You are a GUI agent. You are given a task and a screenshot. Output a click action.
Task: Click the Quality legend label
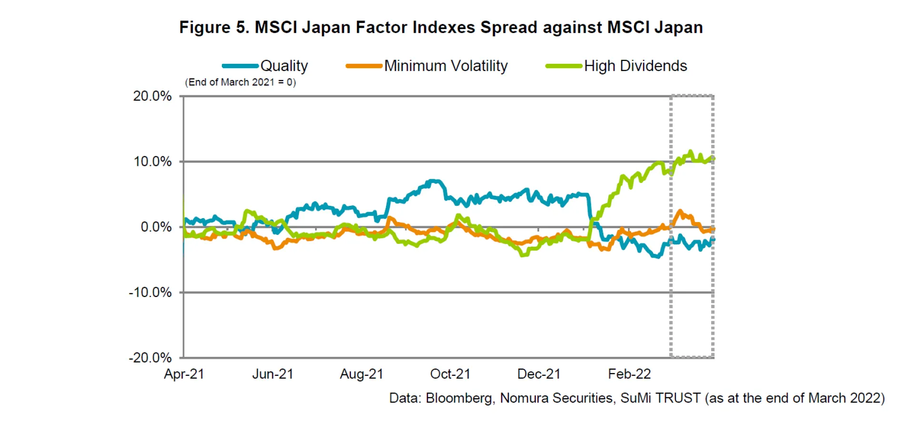point(284,66)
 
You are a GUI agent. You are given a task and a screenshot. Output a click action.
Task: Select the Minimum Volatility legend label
point(446,66)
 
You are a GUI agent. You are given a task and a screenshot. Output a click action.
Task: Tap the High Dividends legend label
point(635,66)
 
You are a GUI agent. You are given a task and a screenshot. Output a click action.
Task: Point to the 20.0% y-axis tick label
point(152,96)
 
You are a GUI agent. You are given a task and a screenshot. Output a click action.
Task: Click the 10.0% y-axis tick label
point(152,161)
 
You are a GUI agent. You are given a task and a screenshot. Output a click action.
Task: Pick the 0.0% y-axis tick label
point(156,227)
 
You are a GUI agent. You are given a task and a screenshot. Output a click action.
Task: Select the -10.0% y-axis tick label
point(150,292)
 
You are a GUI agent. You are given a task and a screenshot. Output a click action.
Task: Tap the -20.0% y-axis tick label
point(150,357)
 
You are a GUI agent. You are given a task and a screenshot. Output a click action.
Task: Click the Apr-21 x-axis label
point(184,374)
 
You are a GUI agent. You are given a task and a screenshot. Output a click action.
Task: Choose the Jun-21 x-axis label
point(273,374)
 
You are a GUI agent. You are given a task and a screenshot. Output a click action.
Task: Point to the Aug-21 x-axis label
point(361,374)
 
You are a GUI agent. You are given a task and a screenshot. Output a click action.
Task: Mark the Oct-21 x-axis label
point(450,374)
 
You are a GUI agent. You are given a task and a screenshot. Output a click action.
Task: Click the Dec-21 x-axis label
point(539,374)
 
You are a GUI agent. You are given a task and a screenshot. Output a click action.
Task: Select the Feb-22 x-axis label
point(629,374)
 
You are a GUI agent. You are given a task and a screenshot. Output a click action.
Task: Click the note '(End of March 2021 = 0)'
point(240,82)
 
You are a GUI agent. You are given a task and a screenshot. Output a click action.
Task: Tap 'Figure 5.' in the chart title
point(214,27)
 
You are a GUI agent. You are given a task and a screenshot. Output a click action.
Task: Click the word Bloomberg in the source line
point(459,398)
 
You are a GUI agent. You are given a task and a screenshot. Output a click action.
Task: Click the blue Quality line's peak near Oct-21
point(433,181)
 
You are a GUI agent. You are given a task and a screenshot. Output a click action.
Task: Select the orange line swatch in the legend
point(364,66)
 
